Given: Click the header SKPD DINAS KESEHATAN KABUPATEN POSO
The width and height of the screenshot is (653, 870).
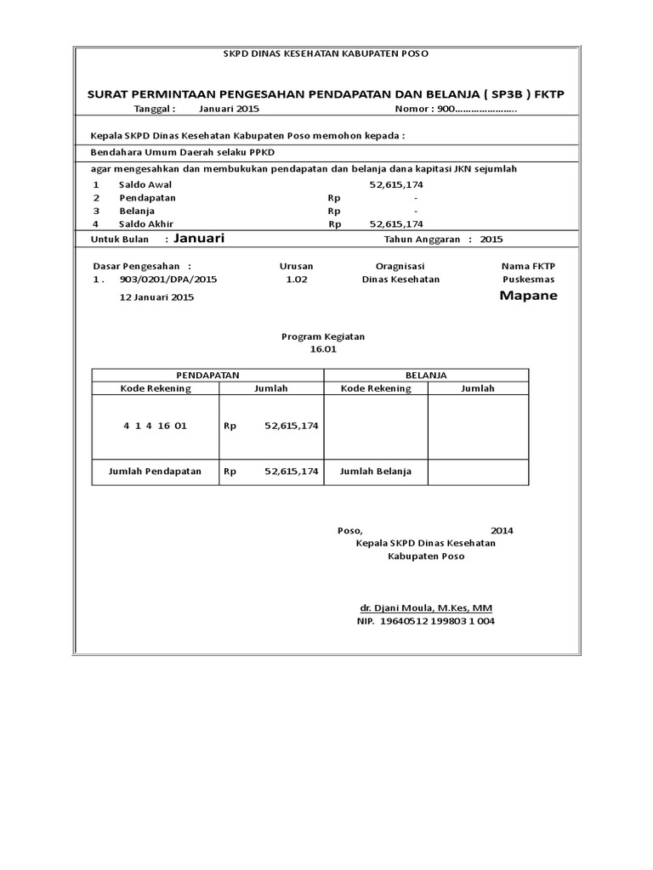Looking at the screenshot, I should tap(326, 54).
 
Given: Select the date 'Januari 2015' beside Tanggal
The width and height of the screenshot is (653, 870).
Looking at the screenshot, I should tap(230, 110).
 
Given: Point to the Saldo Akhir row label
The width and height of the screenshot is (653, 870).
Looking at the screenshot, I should tap(146, 224).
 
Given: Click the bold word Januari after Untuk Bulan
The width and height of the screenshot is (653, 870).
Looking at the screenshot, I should tap(199, 239).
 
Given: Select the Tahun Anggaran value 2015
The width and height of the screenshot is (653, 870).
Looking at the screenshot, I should tap(491, 240).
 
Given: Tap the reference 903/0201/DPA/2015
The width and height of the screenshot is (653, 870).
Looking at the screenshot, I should tap(168, 280).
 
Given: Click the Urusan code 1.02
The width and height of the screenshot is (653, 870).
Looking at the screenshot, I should tap(297, 280).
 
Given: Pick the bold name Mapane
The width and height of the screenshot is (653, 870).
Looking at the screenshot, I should tap(528, 296).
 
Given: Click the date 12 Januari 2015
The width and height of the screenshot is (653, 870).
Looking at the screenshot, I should tap(157, 297).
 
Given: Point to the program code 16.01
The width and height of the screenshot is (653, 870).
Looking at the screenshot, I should tap(323, 349).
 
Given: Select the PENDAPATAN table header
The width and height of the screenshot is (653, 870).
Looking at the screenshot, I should tap(208, 375).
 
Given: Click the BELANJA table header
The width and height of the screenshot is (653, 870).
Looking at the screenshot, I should tap(427, 375).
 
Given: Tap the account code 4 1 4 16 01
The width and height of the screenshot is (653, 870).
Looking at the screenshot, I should tap(155, 426).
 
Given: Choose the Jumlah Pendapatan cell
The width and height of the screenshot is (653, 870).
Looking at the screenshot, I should tap(155, 471).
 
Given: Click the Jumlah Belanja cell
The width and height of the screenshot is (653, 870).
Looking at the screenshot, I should tap(376, 471).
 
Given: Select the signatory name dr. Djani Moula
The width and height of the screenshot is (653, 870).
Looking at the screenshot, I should tap(425, 608).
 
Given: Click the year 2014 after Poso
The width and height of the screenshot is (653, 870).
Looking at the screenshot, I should tap(502, 530).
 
